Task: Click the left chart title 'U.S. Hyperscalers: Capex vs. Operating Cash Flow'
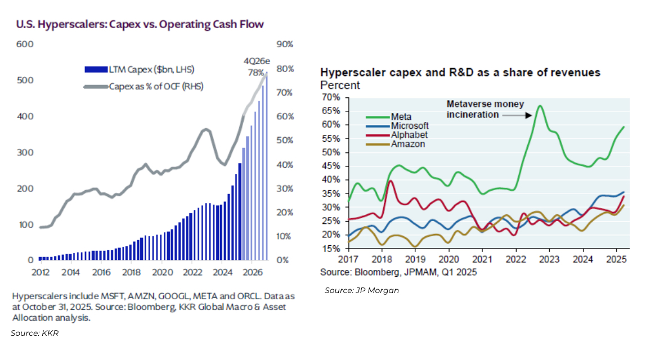pos(140,24)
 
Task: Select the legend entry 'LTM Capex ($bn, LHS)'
pos(143,70)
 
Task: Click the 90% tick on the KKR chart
pos(285,44)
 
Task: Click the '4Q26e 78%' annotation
pos(254,66)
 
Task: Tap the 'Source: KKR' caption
pos(35,333)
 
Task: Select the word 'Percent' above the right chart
pos(340,85)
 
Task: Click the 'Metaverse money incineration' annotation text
pos(485,109)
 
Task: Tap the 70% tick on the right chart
pos(332,97)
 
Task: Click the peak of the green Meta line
pos(540,105)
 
